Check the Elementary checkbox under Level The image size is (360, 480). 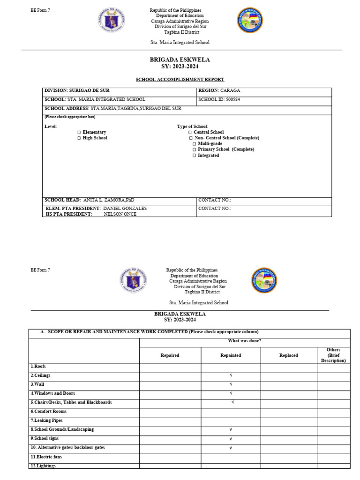point(79,133)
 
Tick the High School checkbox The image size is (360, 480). point(79,138)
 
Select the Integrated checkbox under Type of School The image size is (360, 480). point(194,156)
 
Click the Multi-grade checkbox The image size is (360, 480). point(194,144)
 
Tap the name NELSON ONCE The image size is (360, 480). point(120,214)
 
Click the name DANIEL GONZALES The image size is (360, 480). point(125,209)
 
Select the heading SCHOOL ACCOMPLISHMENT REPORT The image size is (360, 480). point(180,80)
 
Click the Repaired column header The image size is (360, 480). point(170,355)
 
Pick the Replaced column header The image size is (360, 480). point(288,355)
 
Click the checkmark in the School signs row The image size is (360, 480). point(231,439)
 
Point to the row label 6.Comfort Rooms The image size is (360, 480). point(49,412)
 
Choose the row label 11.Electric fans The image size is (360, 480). point(46,457)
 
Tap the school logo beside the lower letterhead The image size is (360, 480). point(264,280)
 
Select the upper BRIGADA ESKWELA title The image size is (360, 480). point(180,60)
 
